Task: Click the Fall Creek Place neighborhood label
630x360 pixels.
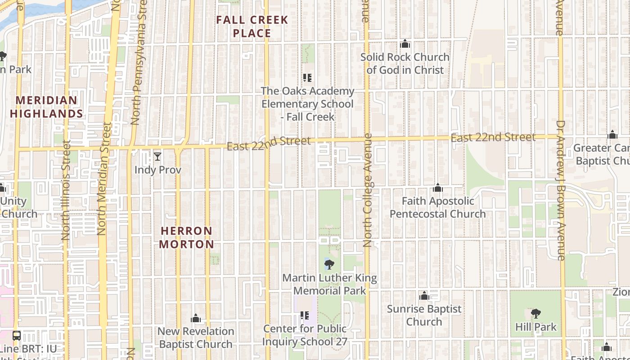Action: click(x=252, y=27)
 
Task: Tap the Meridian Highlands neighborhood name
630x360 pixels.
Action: click(x=47, y=107)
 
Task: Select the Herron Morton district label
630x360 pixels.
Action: click(x=187, y=238)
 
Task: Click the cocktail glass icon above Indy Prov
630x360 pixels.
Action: click(x=157, y=157)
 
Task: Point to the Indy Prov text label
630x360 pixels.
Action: click(x=158, y=170)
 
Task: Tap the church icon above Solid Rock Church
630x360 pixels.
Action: click(x=405, y=44)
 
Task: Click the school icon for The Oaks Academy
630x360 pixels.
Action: click(x=307, y=78)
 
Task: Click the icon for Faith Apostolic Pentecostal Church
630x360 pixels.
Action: click(x=437, y=188)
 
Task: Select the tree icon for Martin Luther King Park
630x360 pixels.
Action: click(x=329, y=265)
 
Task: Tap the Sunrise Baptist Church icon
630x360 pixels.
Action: click(x=424, y=296)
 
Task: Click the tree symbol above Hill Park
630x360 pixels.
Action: click(x=535, y=314)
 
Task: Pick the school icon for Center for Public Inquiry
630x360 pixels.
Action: click(x=305, y=315)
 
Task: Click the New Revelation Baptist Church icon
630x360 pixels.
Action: click(x=195, y=319)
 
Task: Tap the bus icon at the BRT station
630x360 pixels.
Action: click(x=17, y=335)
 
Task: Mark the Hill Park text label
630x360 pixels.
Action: click(x=536, y=327)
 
